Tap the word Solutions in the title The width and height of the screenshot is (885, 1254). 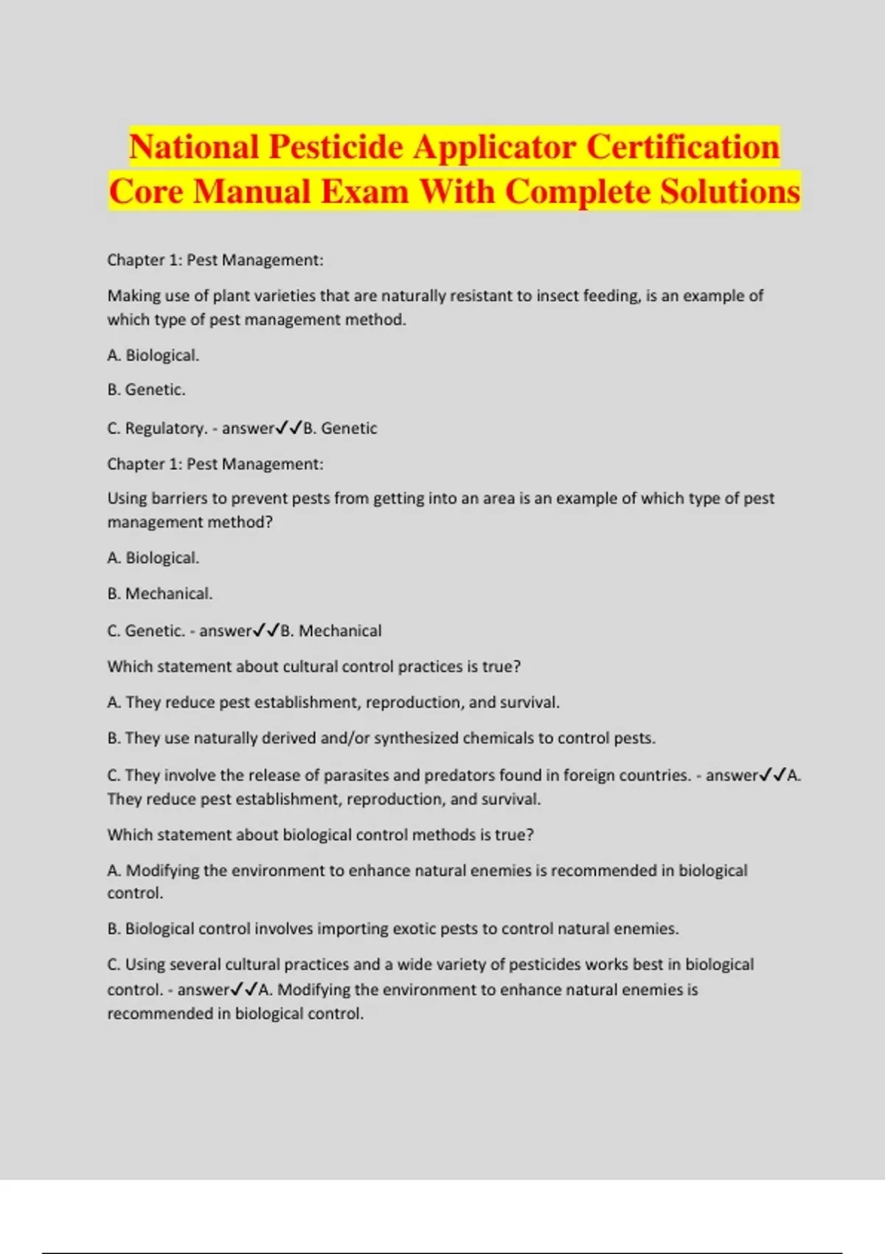(x=729, y=192)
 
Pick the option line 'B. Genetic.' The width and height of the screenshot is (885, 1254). (x=146, y=389)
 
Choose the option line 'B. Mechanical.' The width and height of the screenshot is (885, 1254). (x=159, y=594)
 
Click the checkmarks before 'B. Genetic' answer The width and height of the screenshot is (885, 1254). (x=288, y=429)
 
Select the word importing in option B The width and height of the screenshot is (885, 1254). (x=350, y=929)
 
